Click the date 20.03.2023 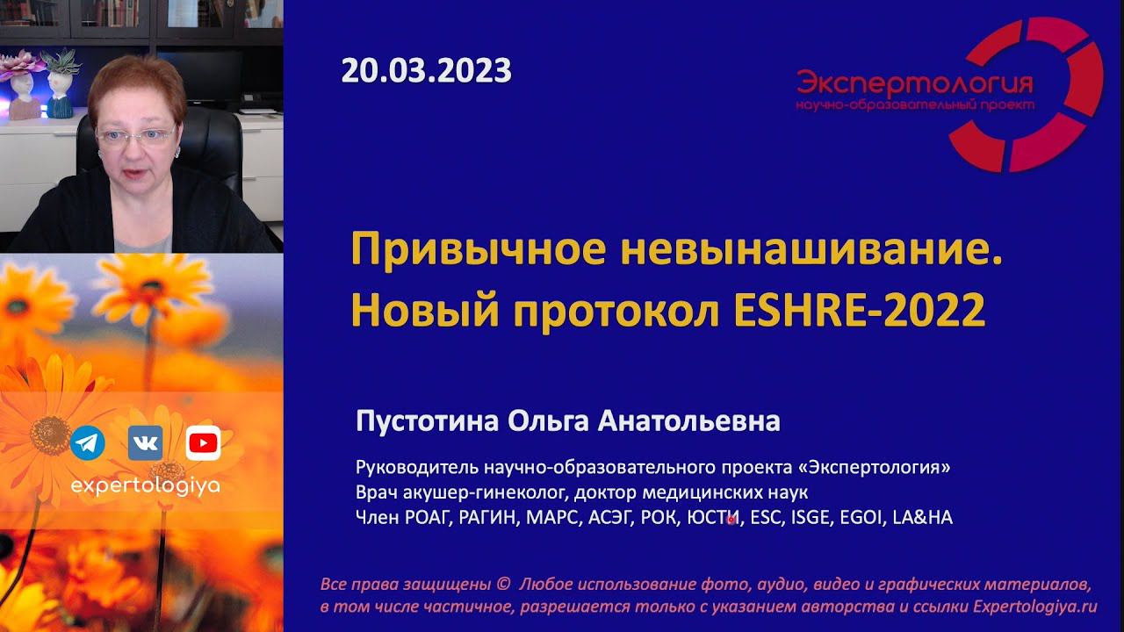click(x=426, y=70)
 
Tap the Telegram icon click(x=88, y=443)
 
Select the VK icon click(x=145, y=443)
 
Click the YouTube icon click(x=203, y=443)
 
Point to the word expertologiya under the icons click(x=145, y=485)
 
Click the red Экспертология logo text click(x=914, y=84)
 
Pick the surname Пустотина click(x=427, y=422)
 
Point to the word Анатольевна click(x=688, y=422)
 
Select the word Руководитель click(x=408, y=467)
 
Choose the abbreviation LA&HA click(x=922, y=518)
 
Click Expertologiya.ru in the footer click(x=1034, y=607)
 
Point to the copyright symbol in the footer click(x=503, y=585)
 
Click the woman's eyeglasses click(x=136, y=135)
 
